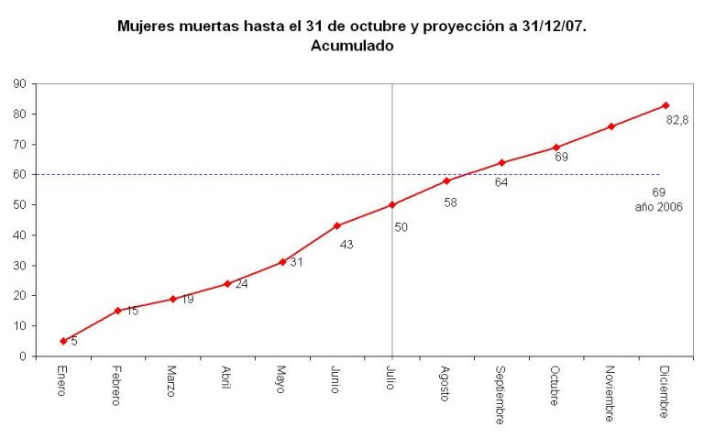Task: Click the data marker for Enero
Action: point(63,341)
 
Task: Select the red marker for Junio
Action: point(337,225)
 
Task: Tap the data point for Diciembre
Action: point(665,105)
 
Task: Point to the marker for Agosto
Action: point(446,181)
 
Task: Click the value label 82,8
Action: point(677,120)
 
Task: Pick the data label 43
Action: point(346,245)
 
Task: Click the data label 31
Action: point(296,263)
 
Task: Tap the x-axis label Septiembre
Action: point(500,395)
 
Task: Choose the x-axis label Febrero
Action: point(116,388)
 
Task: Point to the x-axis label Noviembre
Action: point(609,393)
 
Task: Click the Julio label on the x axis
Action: point(390,379)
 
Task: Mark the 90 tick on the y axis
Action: point(18,83)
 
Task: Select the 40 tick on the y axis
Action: point(18,235)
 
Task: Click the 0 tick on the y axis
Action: point(21,356)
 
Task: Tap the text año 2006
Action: point(658,207)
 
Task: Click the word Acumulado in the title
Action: point(352,46)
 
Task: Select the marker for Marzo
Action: point(172,299)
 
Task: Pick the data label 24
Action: point(241,284)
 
